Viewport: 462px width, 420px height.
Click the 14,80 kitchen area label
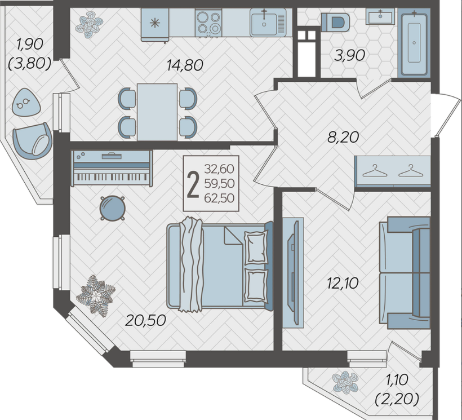185,65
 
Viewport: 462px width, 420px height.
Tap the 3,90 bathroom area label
350,55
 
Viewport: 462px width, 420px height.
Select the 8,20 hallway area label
343,138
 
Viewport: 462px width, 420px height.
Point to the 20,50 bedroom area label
145,320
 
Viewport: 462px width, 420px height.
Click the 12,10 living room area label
343,283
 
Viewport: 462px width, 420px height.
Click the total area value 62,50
219,198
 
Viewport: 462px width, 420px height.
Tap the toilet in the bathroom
335,22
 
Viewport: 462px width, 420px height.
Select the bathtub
414,42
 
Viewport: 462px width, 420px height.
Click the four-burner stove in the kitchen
208,23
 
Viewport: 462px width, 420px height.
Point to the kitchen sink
268,23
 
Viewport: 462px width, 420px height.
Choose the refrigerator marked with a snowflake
155,25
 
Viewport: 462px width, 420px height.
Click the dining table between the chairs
157,112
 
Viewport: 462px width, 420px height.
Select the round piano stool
113,208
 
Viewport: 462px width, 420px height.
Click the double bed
220,266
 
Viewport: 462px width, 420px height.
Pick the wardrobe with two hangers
393,171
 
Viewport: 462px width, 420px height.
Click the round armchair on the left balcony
33,141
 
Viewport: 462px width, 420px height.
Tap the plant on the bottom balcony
345,382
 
